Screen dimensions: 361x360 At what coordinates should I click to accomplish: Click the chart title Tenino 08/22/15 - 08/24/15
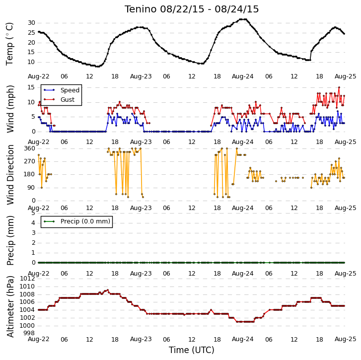(192, 9)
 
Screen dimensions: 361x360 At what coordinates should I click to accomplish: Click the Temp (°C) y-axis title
(9, 44)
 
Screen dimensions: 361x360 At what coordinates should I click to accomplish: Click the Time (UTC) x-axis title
(192, 350)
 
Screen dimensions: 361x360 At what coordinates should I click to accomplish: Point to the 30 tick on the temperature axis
(31, 23)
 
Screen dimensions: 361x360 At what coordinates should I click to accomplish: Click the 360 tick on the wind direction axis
(29, 148)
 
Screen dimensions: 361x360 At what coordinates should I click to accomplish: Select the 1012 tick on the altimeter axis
(27, 279)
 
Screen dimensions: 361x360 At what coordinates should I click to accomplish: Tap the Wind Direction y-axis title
(10, 174)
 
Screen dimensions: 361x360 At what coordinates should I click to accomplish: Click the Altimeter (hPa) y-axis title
(10, 306)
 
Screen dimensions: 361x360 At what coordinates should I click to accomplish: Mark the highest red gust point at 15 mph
(339, 87)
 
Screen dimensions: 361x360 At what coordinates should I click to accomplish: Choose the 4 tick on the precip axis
(33, 223)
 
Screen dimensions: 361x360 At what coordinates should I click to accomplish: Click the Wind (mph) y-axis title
(10, 109)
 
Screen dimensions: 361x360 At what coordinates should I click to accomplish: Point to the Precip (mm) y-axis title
(10, 240)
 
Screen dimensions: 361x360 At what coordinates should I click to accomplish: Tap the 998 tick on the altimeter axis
(29, 333)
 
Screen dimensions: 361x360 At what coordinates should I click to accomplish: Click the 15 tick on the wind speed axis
(31, 87)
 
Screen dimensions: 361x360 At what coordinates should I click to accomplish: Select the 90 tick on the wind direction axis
(31, 187)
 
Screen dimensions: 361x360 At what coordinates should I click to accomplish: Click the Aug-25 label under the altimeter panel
(345, 339)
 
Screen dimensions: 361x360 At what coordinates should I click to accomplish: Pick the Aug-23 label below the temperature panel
(141, 76)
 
